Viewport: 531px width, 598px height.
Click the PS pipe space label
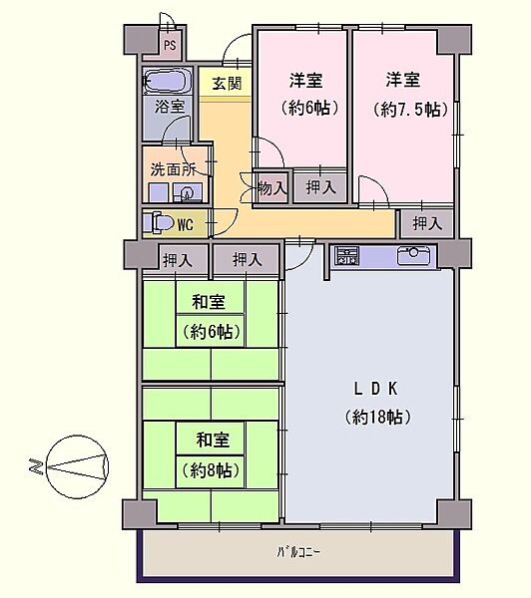coord(171,45)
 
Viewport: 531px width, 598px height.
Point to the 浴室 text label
coord(167,106)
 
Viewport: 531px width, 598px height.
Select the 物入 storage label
coord(271,186)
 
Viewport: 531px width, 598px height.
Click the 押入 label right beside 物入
coord(320,186)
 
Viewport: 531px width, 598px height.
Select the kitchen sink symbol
coord(411,256)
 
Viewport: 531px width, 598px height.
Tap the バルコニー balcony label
coord(299,550)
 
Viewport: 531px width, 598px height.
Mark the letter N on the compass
coord(32,464)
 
